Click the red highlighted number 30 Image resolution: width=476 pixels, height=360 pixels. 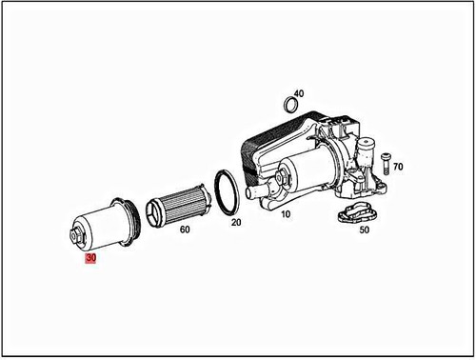(x=91, y=257)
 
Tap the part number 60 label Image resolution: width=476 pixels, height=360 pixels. (x=184, y=230)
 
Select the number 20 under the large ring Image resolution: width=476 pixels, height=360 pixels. (x=236, y=221)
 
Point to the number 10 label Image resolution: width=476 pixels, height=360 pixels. (x=284, y=215)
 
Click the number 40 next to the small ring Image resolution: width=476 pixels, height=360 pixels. (x=299, y=93)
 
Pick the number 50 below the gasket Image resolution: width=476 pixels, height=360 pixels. (x=363, y=230)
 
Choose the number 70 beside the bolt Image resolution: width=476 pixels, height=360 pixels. (x=398, y=167)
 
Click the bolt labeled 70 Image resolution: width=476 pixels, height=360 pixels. (x=386, y=163)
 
